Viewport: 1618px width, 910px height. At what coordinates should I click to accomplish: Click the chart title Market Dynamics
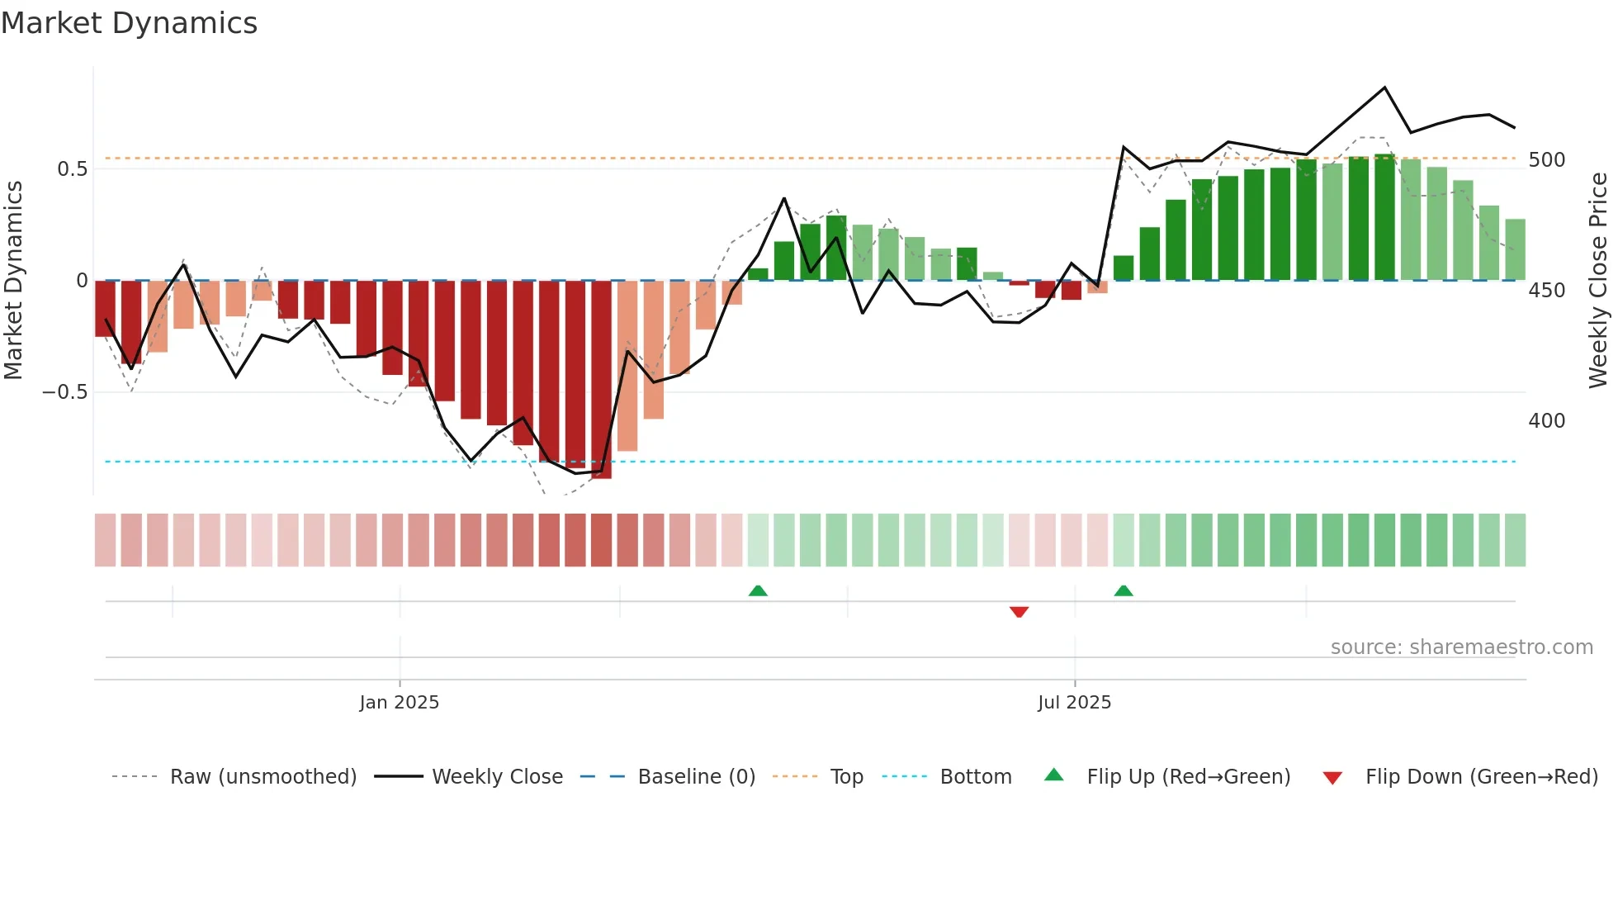coord(129,23)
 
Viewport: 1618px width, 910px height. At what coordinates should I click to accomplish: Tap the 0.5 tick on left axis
coord(72,169)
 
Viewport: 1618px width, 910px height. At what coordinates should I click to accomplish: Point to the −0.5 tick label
coord(64,392)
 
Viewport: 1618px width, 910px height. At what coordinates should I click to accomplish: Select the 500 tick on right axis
coord(1546,160)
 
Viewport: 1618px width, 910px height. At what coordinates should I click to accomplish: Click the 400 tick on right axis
coord(1546,421)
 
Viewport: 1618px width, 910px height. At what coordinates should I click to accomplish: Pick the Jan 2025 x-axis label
coord(399,703)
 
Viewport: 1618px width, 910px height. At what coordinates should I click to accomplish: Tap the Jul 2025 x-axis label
coord(1074,703)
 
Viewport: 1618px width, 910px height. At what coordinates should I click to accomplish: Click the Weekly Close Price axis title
coord(1598,281)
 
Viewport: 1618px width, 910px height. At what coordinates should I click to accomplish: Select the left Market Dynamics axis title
coord(13,281)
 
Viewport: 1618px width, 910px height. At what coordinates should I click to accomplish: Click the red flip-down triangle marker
coord(1019,612)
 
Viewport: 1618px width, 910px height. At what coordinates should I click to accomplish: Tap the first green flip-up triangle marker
coord(758,590)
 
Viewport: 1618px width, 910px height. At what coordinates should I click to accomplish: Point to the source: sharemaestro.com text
coord(1461,647)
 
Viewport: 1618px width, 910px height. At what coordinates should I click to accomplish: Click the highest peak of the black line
coord(1384,88)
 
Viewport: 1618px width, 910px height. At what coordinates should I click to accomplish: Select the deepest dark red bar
coord(601,380)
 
